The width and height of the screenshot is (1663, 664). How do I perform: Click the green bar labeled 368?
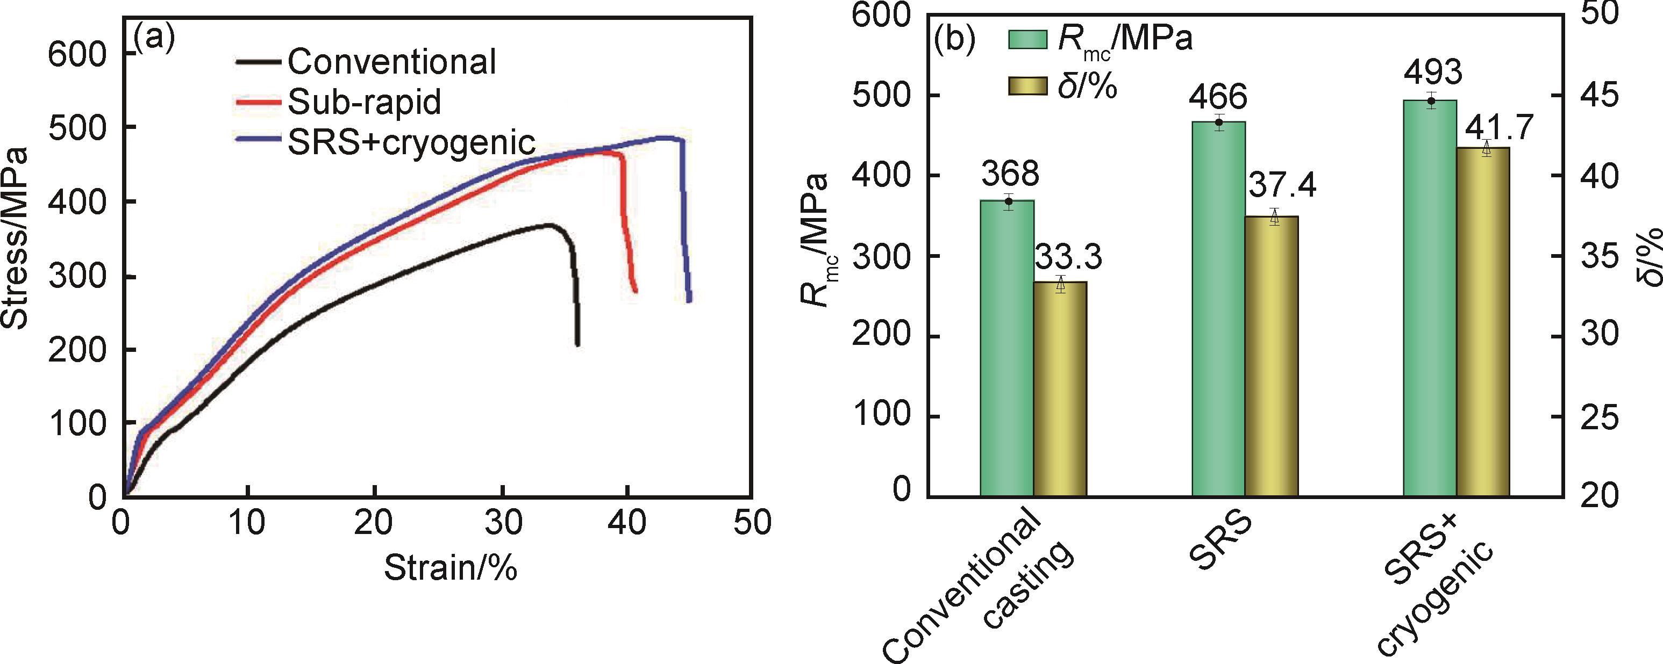coord(1007,349)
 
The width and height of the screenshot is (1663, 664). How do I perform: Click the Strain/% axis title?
coord(451,568)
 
